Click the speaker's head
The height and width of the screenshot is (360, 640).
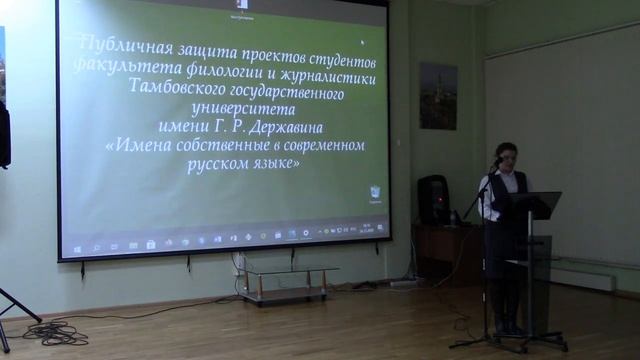point(507,155)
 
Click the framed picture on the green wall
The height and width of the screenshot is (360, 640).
point(438,96)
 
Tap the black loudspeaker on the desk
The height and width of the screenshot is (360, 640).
point(433,199)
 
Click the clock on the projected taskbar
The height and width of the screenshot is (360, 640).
point(367,232)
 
